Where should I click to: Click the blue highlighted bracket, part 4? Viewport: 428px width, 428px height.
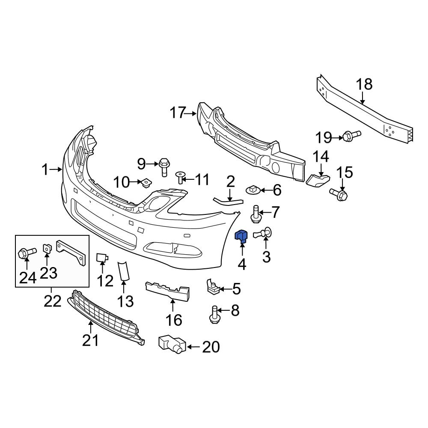coord(242,236)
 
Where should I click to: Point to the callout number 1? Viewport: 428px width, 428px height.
coord(46,170)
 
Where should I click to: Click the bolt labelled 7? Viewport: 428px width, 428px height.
coord(256,214)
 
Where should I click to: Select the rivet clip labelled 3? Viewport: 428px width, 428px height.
coord(266,233)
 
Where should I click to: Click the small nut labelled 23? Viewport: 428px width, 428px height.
coord(47,248)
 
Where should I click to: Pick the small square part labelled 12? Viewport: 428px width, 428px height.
coord(102,257)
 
